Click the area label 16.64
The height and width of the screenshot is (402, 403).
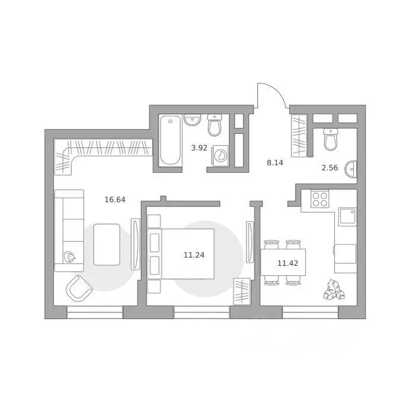115,200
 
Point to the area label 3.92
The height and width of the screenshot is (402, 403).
199,148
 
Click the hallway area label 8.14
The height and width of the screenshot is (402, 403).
276,162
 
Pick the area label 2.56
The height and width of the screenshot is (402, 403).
330,168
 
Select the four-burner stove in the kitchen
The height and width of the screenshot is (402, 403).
320,198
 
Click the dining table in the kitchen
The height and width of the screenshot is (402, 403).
283,262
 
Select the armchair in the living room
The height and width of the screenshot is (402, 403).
79,288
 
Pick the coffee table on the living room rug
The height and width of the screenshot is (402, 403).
107,244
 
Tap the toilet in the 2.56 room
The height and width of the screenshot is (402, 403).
330,140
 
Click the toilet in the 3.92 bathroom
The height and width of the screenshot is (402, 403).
215,126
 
